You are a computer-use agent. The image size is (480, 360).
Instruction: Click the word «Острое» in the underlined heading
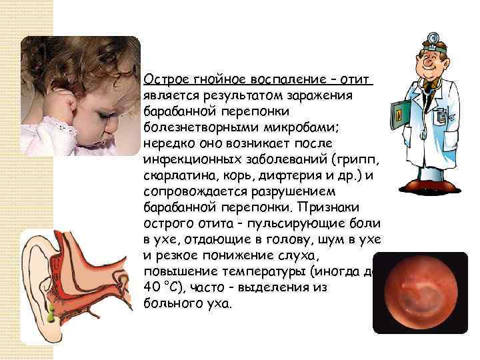tap(163, 80)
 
